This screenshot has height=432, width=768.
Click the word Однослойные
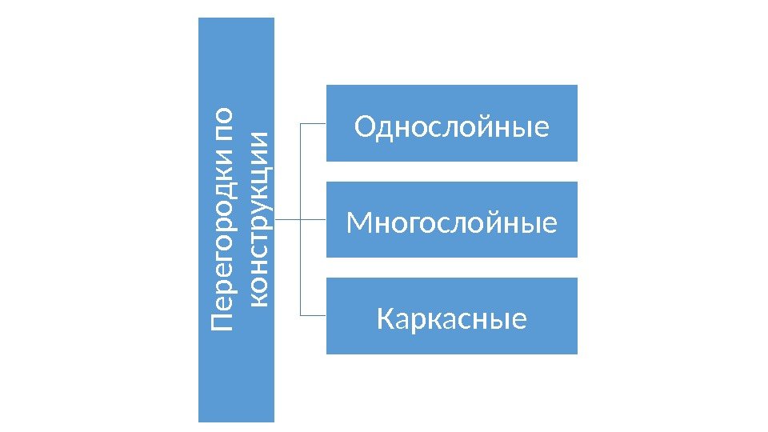point(452,126)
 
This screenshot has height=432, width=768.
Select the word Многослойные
point(452,223)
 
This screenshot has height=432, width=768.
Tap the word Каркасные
point(452,319)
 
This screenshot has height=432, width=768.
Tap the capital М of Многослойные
point(358,223)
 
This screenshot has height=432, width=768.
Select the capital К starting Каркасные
point(385,319)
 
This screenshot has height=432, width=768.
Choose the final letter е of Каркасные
point(519,319)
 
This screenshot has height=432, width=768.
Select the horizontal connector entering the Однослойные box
point(313,124)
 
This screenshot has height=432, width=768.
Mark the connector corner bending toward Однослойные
point(300,124)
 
